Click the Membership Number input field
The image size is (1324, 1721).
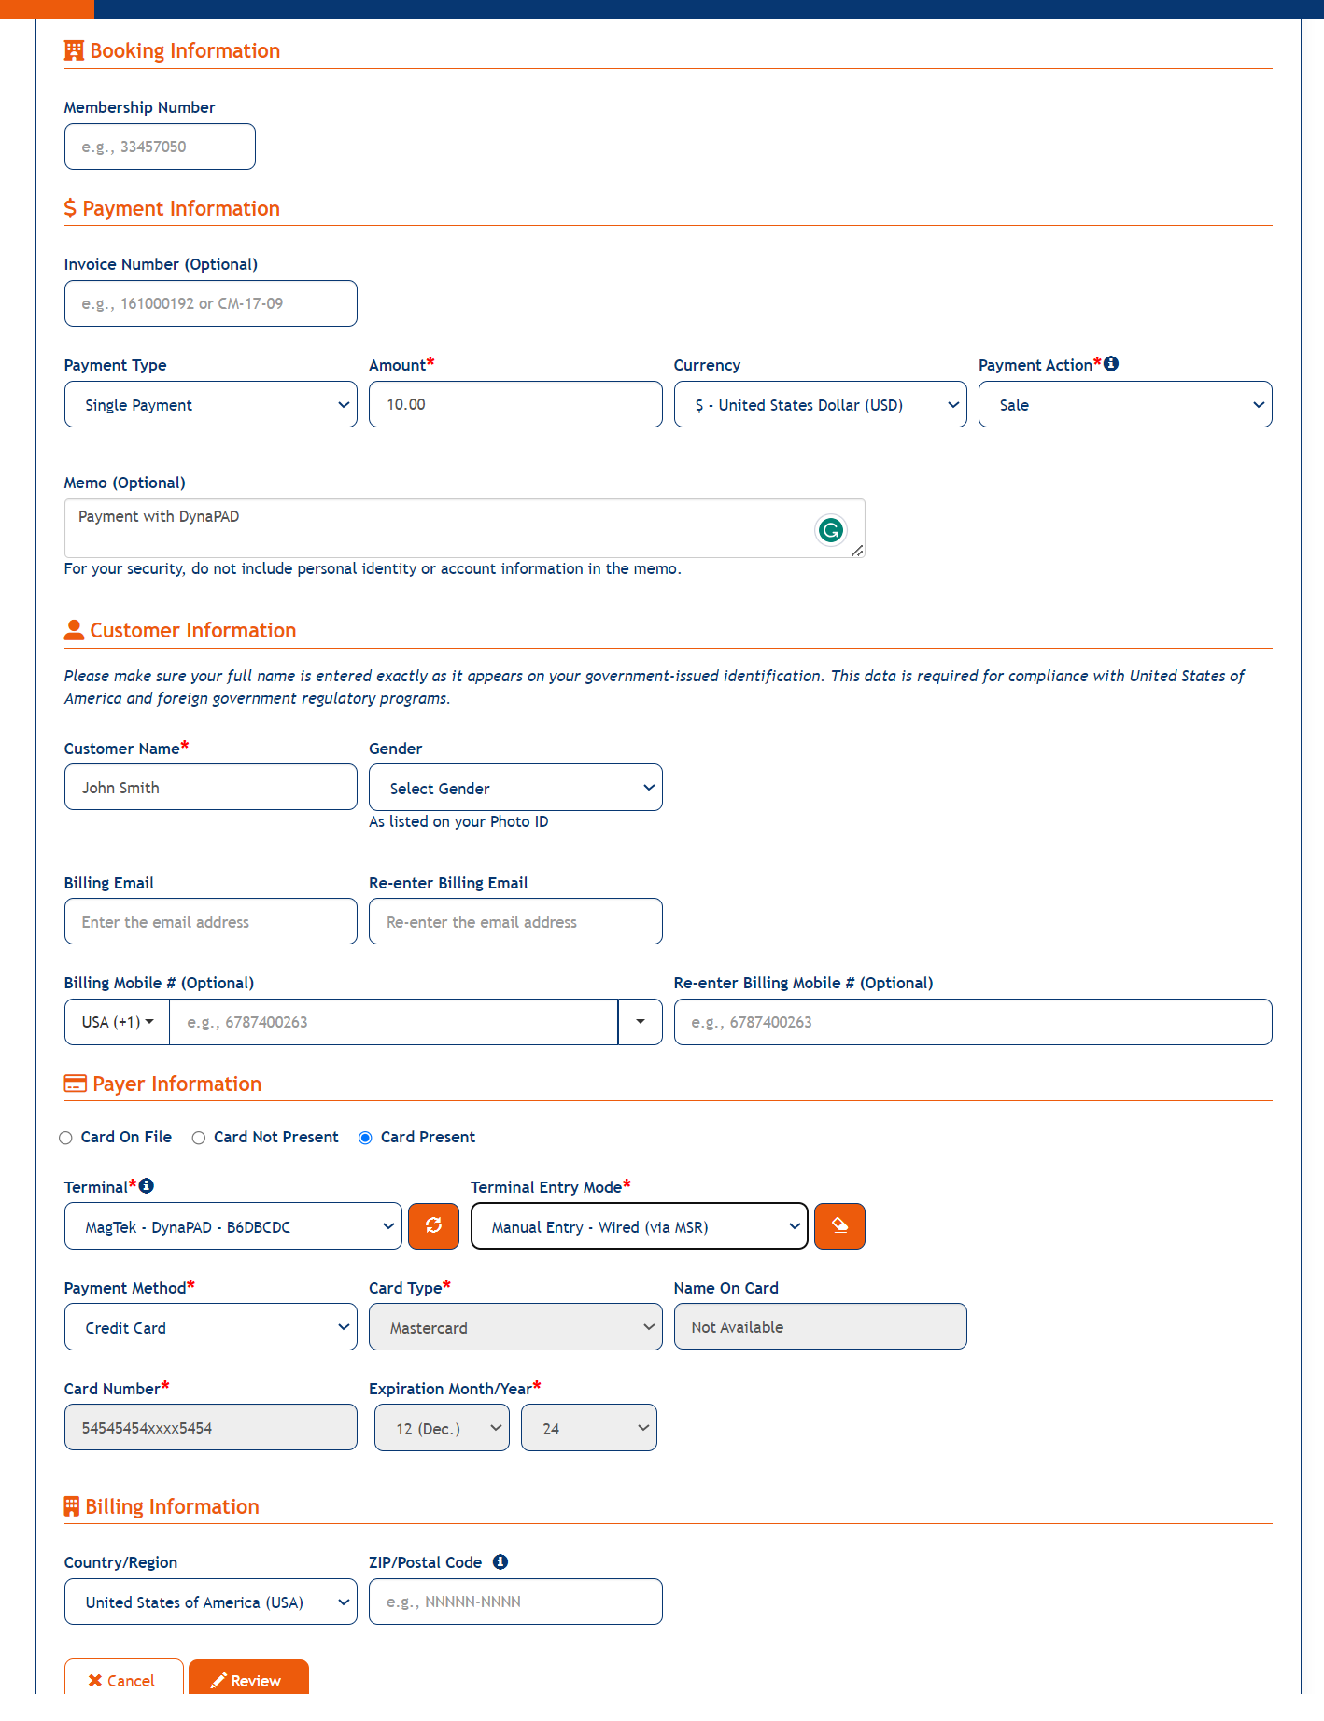pyautogui.click(x=160, y=147)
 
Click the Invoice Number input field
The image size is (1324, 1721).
pyautogui.click(x=210, y=303)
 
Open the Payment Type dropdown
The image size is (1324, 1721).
pyautogui.click(x=210, y=404)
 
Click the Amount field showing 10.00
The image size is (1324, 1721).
pyautogui.click(x=514, y=404)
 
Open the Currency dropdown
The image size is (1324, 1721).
pyautogui.click(x=820, y=404)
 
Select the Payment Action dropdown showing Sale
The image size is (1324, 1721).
pyautogui.click(x=1124, y=404)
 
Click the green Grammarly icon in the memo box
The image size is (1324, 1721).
pyautogui.click(x=830, y=530)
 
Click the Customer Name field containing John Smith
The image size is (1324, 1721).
pyautogui.click(x=210, y=788)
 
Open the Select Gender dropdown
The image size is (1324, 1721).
pyautogui.click(x=514, y=788)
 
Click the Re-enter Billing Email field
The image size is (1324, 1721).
pyautogui.click(x=514, y=922)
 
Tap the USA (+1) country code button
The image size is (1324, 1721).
pyautogui.click(x=118, y=1022)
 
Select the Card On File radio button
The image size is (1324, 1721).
pyautogui.click(x=66, y=1138)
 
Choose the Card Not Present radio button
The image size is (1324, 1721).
pyautogui.click(x=199, y=1138)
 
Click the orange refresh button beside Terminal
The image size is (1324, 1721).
pyautogui.click(x=434, y=1226)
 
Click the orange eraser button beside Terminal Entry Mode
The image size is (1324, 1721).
pyautogui.click(x=839, y=1226)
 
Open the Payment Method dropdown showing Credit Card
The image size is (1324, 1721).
pyautogui.click(x=210, y=1327)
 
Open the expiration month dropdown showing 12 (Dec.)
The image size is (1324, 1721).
pyautogui.click(x=442, y=1428)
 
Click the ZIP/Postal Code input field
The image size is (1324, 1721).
pyautogui.click(x=514, y=1602)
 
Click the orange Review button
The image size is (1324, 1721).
pyautogui.click(x=248, y=1680)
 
